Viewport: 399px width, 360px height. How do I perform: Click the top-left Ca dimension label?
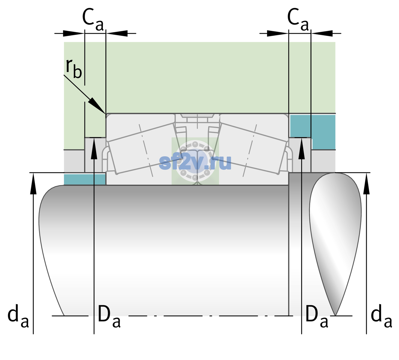(93, 19)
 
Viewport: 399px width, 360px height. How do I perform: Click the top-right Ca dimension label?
(298, 19)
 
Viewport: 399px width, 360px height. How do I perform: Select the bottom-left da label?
(18, 316)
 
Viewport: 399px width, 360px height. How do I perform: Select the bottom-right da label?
(381, 316)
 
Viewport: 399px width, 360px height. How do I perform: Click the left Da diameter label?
(109, 316)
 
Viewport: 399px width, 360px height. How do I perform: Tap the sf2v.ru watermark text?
(195, 163)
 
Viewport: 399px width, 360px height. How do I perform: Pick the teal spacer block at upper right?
(313, 132)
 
